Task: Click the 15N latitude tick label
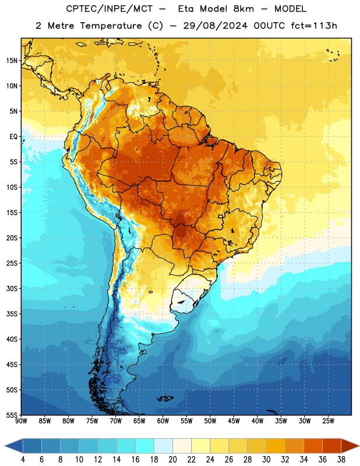12,61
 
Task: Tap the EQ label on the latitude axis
13,137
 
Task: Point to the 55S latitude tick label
12,415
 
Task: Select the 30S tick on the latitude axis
12,288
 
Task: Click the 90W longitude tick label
21,421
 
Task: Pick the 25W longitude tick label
328,421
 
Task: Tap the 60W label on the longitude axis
163,421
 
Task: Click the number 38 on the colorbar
341,460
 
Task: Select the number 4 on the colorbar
23,460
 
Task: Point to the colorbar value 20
172,460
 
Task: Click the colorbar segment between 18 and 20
163,446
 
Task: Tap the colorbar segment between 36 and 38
332,446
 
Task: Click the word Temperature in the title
111,26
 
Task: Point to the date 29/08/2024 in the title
216,26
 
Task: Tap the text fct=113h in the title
314,26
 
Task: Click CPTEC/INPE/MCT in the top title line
110,9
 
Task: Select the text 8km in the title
243,9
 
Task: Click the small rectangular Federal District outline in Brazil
221,217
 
